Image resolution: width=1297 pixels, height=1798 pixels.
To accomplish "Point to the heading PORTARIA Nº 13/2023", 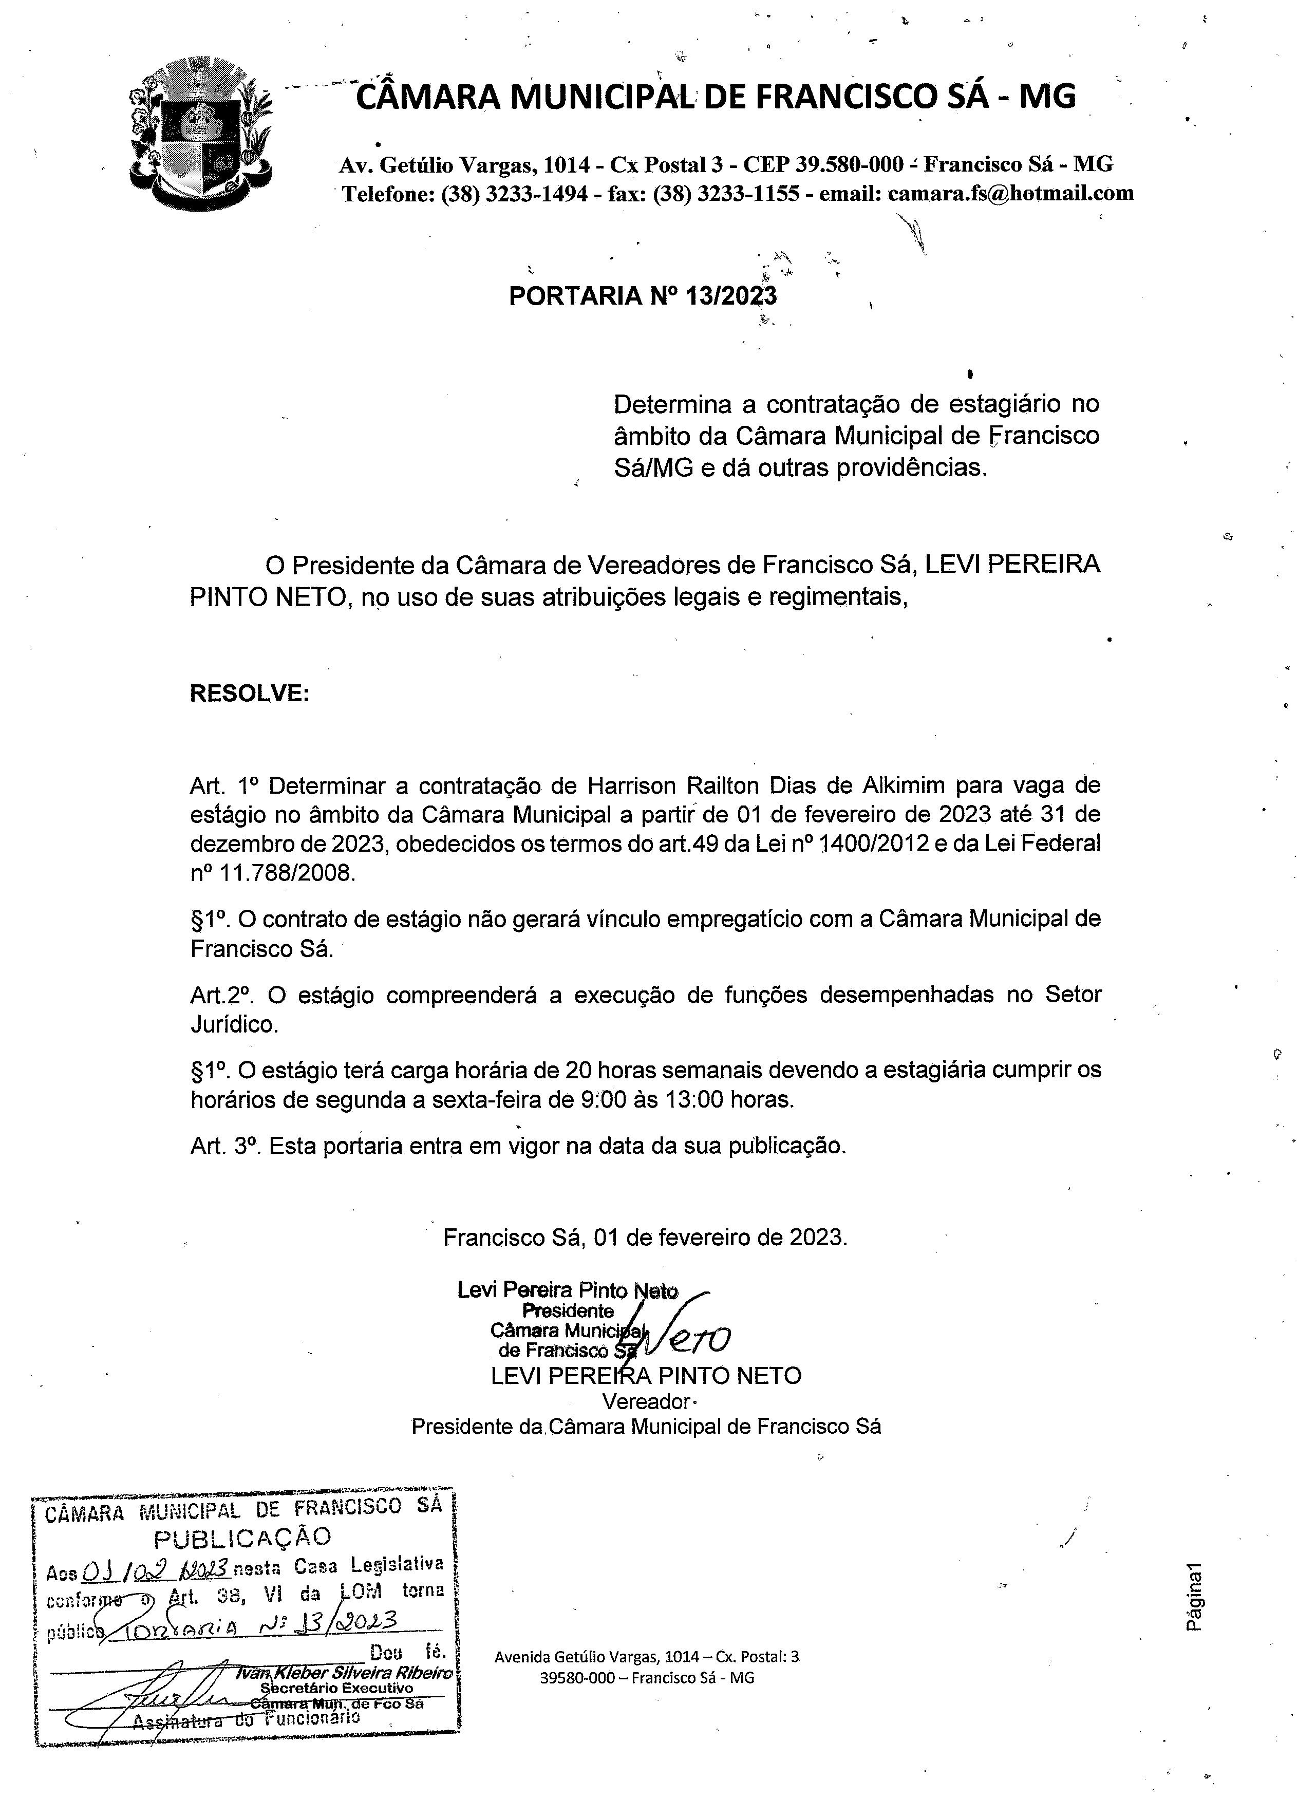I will click(642, 296).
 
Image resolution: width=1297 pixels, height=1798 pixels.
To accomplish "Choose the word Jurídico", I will click(235, 1024).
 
